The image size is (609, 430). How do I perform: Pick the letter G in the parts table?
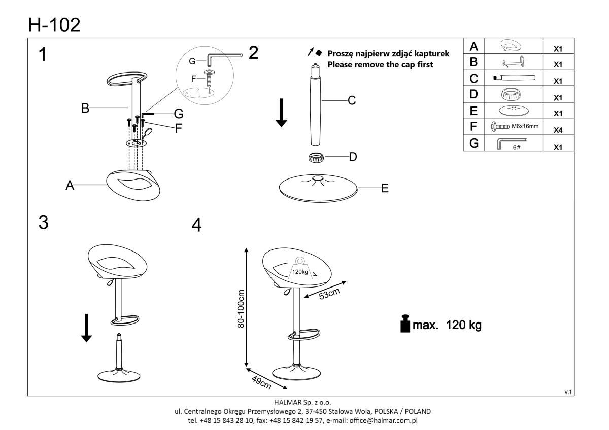(x=473, y=144)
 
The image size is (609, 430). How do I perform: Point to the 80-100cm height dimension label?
(x=241, y=309)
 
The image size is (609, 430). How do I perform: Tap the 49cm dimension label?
(x=261, y=381)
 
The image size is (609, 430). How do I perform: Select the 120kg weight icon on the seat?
(x=299, y=269)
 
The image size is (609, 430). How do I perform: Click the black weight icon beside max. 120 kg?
(x=405, y=324)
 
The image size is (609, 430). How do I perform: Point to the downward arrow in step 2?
(x=282, y=115)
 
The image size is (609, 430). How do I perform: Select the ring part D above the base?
(x=317, y=157)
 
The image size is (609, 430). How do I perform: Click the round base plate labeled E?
(x=318, y=189)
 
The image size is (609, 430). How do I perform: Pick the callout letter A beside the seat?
(x=69, y=186)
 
